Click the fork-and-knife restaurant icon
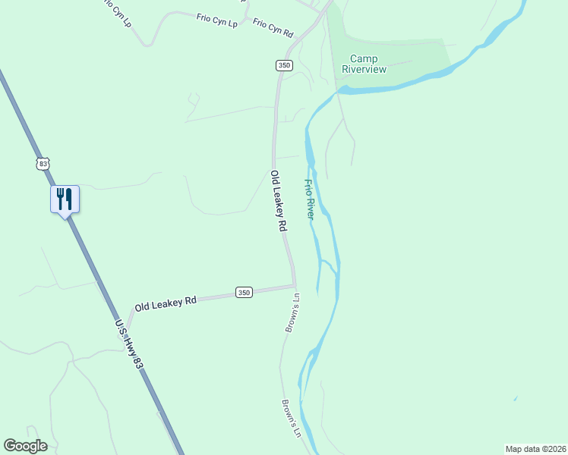(65, 199)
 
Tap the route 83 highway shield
(43, 163)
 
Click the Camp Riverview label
(364, 64)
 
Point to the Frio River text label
(309, 199)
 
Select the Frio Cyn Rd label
(273, 28)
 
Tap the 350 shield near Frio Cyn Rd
(284, 65)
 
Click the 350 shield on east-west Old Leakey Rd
(243, 292)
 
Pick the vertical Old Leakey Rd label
(279, 201)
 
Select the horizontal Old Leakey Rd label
(166, 303)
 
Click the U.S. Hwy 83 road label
(128, 344)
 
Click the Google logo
(25, 446)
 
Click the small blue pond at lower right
(516, 398)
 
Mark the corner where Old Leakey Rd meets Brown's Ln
(294, 287)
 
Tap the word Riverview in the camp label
(364, 70)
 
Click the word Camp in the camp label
(364, 59)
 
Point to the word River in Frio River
(310, 210)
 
